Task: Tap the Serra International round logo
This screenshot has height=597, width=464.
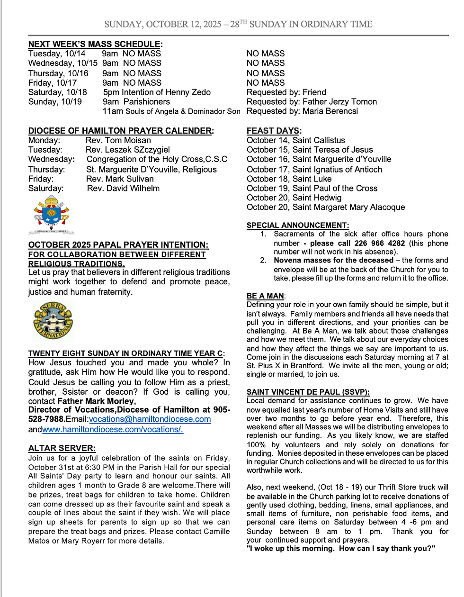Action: click(53, 321)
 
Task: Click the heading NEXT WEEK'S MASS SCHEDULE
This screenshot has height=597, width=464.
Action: click(95, 44)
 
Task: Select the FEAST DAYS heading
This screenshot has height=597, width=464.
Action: click(273, 131)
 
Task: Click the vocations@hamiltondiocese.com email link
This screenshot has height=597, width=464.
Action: click(150, 419)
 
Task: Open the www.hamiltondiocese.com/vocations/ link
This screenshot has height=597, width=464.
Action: click(113, 429)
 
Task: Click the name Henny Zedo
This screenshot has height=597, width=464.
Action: click(191, 92)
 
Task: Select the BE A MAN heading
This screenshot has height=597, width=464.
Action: click(265, 296)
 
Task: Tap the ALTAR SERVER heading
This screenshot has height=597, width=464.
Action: click(62, 448)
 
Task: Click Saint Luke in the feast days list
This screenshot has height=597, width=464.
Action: click(312, 179)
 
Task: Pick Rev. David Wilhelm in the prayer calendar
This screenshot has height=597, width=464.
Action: click(123, 189)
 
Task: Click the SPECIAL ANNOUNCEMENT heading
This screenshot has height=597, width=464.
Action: click(297, 226)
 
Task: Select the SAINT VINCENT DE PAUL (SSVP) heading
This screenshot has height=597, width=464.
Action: click(308, 392)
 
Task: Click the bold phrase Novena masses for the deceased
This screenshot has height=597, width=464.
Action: click(333, 260)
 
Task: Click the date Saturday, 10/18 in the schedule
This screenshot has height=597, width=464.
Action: click(58, 92)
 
